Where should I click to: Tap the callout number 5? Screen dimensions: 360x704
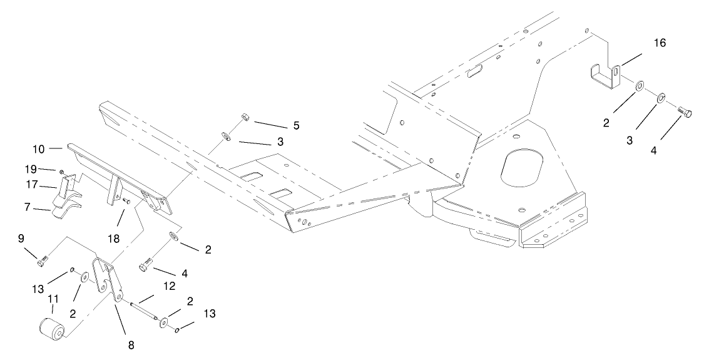(x=296, y=125)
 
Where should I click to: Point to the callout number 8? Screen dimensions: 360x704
(x=130, y=344)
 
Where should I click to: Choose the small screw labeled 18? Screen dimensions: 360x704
(x=126, y=202)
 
